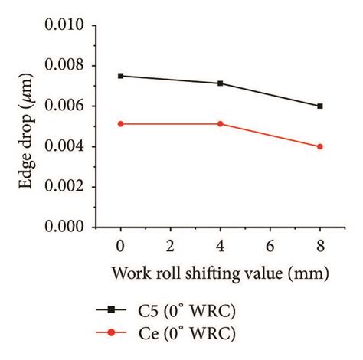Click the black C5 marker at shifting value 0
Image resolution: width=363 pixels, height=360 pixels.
pyautogui.click(x=121, y=76)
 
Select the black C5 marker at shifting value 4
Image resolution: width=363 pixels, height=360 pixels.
pyautogui.click(x=221, y=83)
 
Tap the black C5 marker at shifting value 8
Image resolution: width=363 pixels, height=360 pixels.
pyautogui.click(x=320, y=106)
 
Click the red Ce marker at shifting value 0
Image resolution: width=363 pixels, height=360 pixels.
pyautogui.click(x=121, y=123)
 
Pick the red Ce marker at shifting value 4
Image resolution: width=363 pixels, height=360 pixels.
pyautogui.click(x=221, y=123)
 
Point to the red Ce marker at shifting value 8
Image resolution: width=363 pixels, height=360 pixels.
pyautogui.click(x=320, y=146)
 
